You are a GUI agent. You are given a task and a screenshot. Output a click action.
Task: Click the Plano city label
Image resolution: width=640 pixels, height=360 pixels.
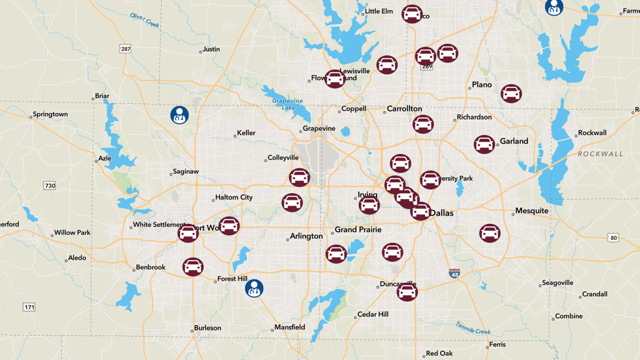point(482,85)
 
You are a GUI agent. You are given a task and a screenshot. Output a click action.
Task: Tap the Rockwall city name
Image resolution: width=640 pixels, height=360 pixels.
point(592,133)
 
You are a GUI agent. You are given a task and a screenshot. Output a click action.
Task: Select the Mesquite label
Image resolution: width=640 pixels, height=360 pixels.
point(532,211)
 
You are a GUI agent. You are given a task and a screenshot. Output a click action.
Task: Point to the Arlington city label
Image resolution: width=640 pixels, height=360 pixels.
point(307,236)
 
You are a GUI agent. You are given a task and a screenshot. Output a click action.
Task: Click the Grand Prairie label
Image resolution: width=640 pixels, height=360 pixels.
point(358,230)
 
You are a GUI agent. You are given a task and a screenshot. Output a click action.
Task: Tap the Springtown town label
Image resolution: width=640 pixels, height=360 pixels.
point(50,114)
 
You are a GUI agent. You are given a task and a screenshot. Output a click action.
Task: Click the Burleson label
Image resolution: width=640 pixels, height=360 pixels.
point(207,328)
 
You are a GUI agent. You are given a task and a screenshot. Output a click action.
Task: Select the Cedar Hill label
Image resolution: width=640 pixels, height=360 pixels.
point(373,314)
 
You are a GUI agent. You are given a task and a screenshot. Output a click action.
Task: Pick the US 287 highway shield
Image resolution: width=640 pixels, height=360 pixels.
point(125,49)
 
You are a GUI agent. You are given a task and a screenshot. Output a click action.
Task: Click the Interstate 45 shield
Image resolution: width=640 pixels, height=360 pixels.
point(454,274)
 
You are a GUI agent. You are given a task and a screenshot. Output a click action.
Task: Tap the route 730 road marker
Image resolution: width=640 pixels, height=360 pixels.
point(49,186)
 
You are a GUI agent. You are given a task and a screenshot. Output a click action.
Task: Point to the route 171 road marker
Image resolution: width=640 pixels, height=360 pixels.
point(29,307)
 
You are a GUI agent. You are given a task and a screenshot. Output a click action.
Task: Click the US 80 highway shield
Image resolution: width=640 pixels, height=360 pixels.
point(613,237)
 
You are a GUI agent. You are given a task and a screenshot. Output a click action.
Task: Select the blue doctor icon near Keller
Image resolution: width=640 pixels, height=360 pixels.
point(179,115)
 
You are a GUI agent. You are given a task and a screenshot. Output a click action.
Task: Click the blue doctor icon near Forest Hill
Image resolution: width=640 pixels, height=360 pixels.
point(254,289)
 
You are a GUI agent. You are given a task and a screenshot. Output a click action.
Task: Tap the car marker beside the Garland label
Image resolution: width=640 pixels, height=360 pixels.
point(484,144)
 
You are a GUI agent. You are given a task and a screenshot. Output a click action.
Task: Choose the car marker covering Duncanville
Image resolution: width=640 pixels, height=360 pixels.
point(407,291)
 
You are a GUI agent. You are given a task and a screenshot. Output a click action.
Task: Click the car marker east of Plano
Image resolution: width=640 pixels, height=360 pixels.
point(511,93)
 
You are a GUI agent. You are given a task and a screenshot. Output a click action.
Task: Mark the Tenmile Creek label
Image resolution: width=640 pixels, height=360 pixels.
point(473,327)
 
